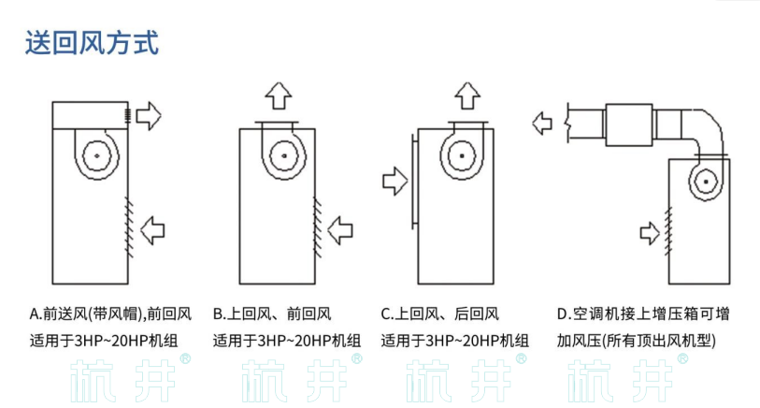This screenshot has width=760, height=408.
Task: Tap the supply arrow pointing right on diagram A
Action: pyautogui.click(x=149, y=116)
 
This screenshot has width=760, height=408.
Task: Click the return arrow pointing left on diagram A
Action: pyautogui.click(x=151, y=227)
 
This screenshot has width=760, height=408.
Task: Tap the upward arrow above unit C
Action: pyautogui.click(x=467, y=95)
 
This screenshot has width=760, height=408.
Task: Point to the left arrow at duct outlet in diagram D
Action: pyautogui.click(x=542, y=123)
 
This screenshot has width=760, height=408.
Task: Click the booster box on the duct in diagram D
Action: pyautogui.click(x=629, y=124)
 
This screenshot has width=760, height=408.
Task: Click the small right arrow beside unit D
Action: pyautogui.click(x=650, y=229)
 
